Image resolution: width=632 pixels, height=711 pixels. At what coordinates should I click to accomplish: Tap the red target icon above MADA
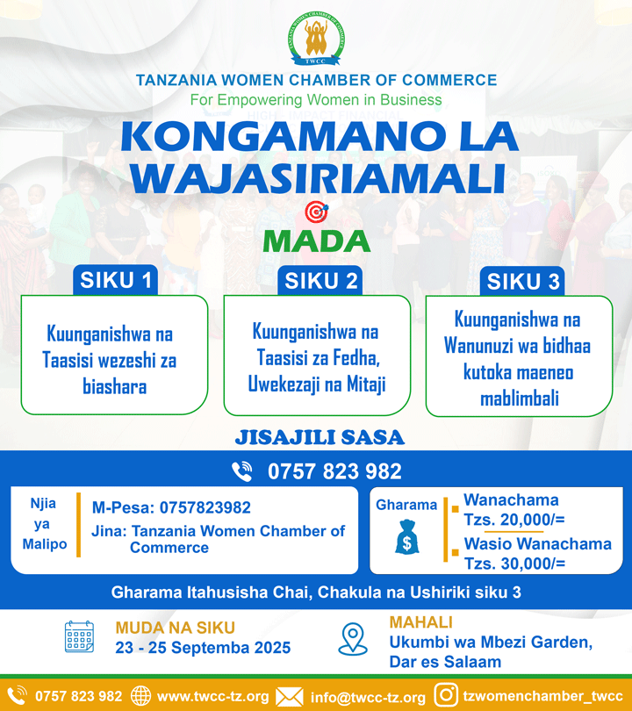(315, 212)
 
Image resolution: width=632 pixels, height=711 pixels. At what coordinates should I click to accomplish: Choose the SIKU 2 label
(321, 281)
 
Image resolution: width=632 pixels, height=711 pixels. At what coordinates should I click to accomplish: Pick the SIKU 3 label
(524, 282)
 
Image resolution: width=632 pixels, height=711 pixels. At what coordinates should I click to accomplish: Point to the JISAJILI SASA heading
(320, 437)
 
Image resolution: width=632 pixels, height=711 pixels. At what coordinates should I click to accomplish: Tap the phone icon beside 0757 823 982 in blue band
(242, 471)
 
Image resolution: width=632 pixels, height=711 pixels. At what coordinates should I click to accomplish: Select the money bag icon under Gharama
(406, 536)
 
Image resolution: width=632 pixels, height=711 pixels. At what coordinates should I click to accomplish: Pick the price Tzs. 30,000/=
(514, 564)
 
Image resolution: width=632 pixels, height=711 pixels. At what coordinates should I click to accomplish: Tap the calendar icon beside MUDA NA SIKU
(79, 637)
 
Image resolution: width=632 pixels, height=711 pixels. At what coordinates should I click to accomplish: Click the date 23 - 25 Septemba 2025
(203, 649)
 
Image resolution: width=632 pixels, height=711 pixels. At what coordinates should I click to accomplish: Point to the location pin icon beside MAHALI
(353, 639)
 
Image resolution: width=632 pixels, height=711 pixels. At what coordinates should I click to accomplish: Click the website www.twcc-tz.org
(212, 696)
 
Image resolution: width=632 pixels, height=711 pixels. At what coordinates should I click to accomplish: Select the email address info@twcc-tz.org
(368, 697)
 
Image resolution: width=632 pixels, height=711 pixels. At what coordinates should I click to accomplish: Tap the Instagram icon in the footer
(447, 695)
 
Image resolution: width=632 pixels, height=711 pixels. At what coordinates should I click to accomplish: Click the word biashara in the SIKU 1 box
(109, 386)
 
